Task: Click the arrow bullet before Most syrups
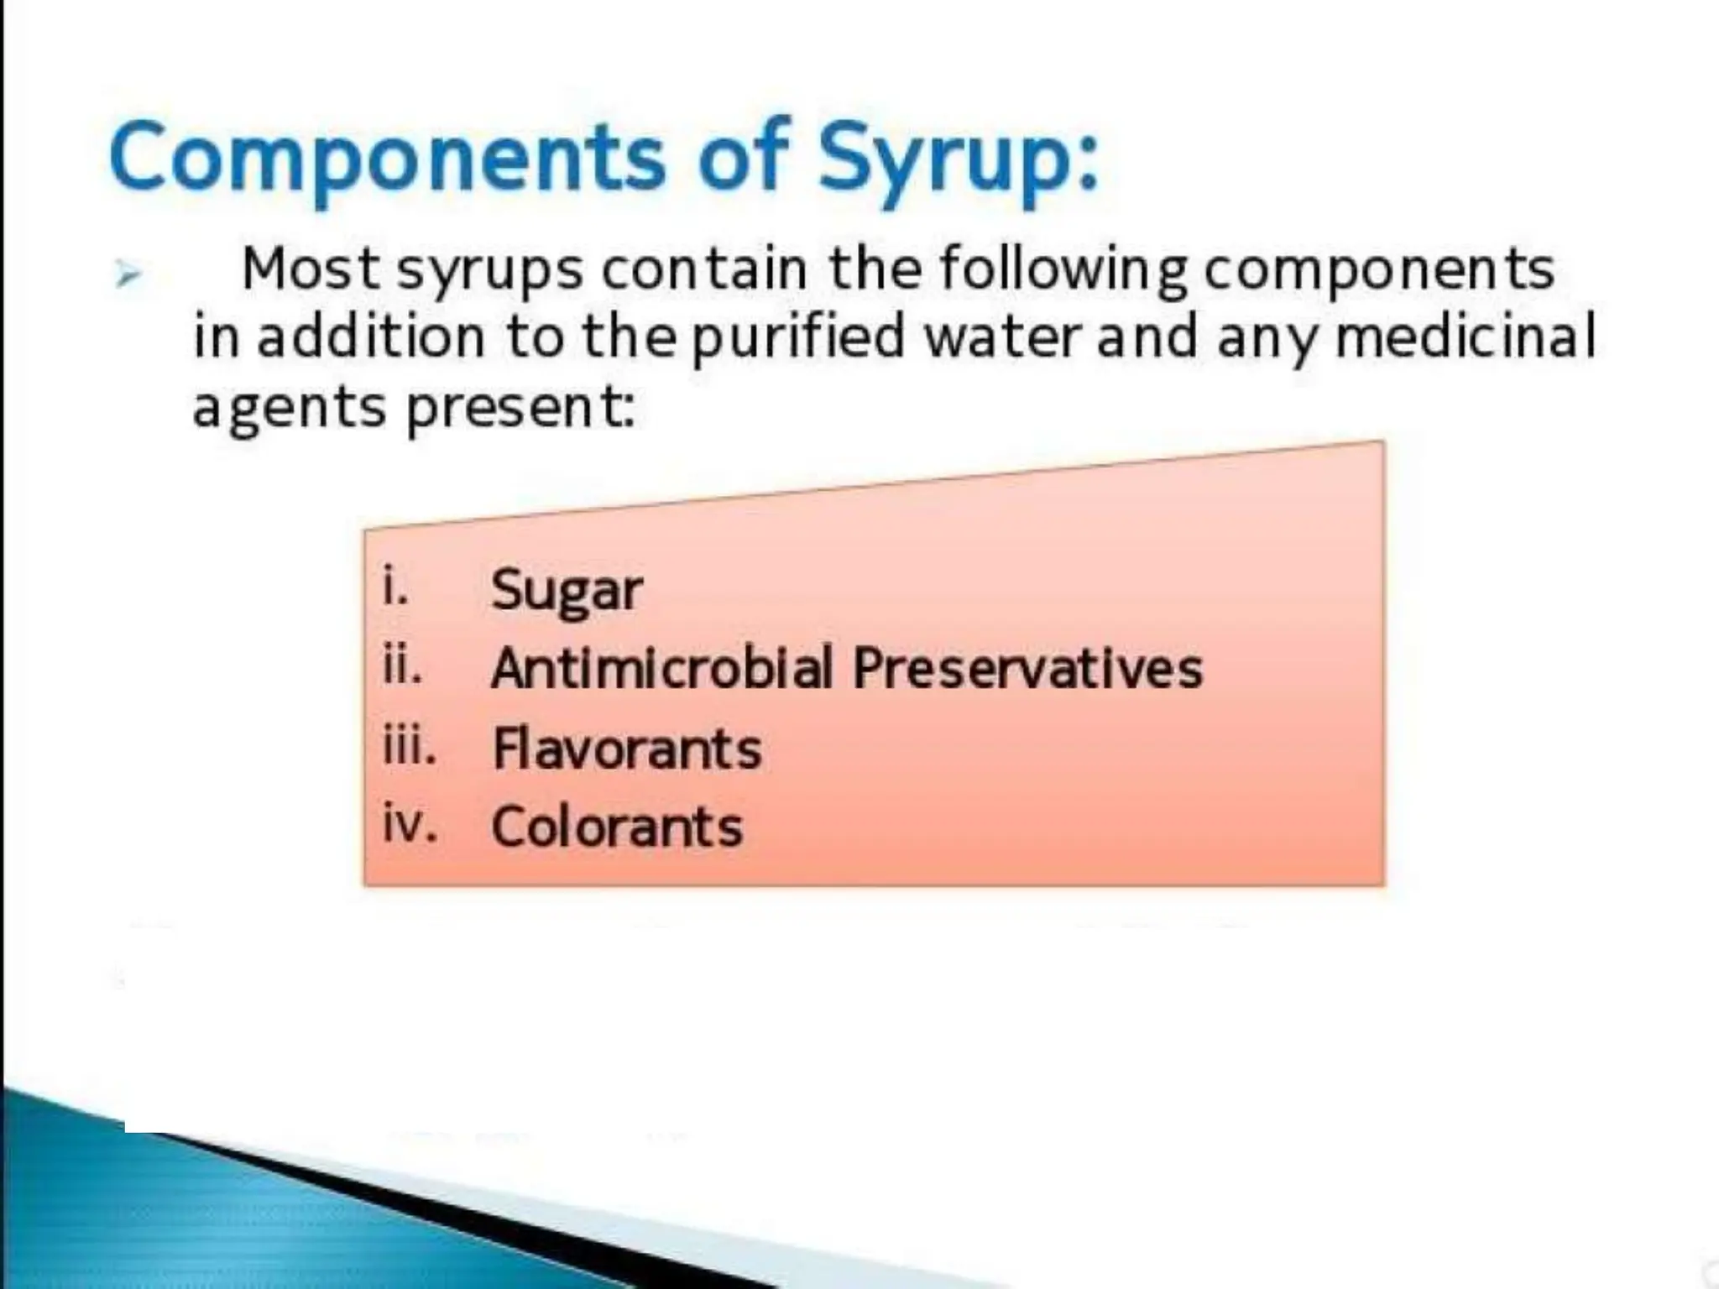[127, 274]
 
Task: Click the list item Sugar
[567, 591]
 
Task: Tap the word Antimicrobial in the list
[662, 669]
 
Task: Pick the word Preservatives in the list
[1027, 669]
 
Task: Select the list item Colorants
[617, 827]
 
